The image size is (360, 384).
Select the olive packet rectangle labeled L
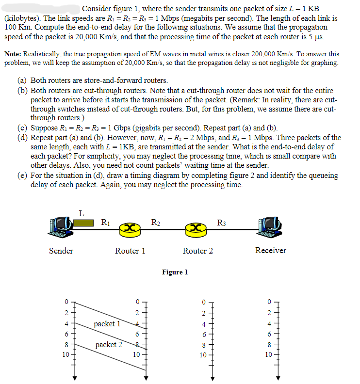[x=83, y=223]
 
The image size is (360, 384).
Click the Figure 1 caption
[x=175, y=272]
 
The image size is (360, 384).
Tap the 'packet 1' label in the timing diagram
[x=107, y=323]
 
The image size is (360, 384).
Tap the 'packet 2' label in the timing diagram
[x=109, y=344]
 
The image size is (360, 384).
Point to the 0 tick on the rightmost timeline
[x=270, y=301]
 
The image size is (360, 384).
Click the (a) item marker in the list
[x=22, y=80]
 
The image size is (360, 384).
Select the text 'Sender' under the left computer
[x=61, y=251]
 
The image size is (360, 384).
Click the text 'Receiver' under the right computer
[x=270, y=250]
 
